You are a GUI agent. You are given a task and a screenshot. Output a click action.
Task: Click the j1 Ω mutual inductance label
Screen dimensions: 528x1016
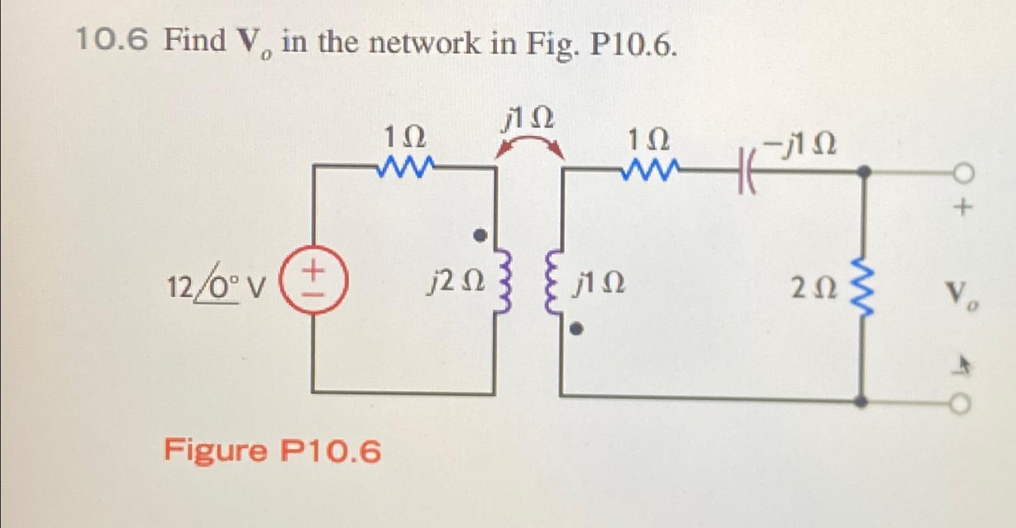528,119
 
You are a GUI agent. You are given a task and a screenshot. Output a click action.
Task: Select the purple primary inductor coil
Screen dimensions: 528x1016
503,283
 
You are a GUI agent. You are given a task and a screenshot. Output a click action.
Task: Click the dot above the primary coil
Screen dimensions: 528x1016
484,235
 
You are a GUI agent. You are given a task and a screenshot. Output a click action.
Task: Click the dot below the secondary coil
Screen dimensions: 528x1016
577,328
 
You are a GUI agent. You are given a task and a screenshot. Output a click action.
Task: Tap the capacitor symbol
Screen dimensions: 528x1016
745,174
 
